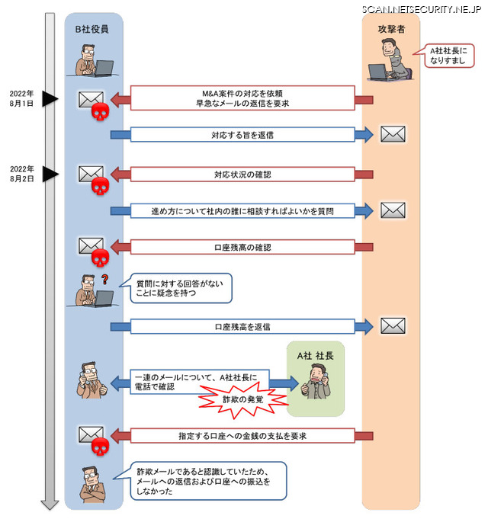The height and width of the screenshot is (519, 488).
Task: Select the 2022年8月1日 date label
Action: coord(21,98)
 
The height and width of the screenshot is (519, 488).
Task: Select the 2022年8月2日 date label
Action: coord(21,173)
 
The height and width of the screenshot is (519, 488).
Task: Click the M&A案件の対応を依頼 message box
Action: coord(242,98)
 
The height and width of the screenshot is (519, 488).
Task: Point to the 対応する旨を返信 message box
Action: coord(242,135)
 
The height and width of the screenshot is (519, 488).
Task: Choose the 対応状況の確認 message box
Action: coord(242,175)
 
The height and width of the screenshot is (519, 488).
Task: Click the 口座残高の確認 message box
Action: coord(242,247)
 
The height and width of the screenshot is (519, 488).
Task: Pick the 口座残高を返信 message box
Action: coord(242,326)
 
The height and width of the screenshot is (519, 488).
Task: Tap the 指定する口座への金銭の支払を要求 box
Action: coord(242,436)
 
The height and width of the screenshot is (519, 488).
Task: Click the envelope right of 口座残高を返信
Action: coord(393,326)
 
